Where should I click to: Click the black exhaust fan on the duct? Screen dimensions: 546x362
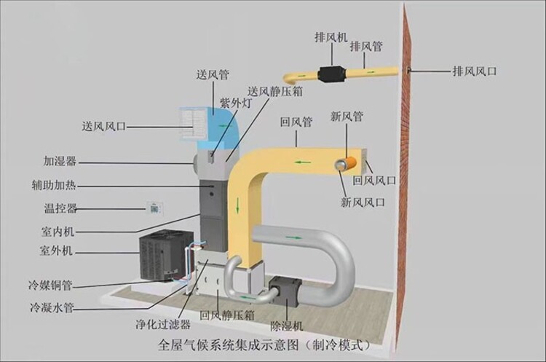coord(331,74)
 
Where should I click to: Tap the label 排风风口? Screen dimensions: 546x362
coord(475,71)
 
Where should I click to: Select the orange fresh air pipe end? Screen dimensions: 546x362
coord(346,163)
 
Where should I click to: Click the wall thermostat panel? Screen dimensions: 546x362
coord(154,208)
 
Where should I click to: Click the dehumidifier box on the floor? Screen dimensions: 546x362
coord(285,291)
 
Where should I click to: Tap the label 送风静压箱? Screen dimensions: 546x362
coord(275,91)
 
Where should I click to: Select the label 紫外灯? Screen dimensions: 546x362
coord(235,103)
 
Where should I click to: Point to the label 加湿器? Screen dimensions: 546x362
coord(60,161)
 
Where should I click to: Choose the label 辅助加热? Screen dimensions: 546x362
coord(54,185)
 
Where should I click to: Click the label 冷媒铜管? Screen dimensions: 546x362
coord(50,285)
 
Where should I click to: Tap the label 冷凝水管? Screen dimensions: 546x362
coord(52,307)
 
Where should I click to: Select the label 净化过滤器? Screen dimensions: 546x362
coord(163,324)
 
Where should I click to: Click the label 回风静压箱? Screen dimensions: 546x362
coord(227,315)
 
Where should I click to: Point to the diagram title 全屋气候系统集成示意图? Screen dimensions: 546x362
coord(229,345)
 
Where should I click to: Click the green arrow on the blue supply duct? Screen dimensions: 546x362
coord(221,125)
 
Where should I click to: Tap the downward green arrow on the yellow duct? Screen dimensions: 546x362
coord(238,205)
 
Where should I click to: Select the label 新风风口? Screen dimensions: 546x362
coord(363,202)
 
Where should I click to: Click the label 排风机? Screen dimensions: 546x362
coord(331,37)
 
